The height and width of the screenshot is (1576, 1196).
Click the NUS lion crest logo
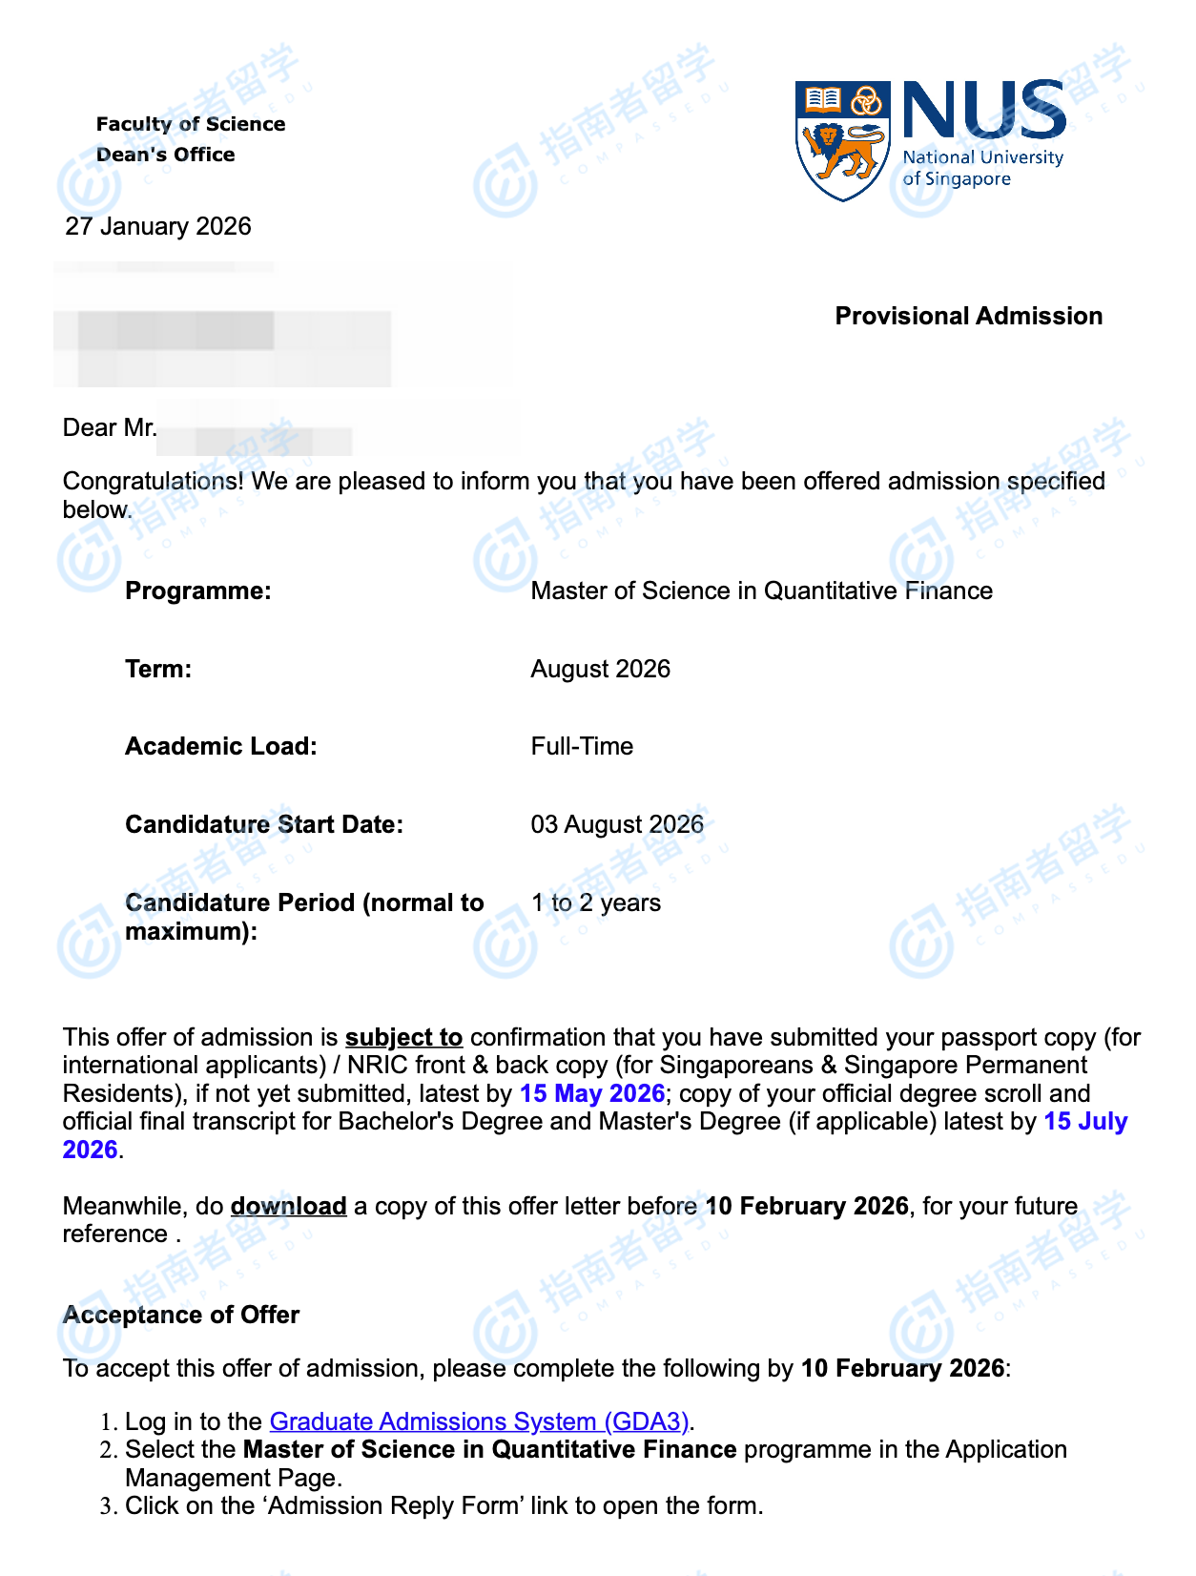pos(842,140)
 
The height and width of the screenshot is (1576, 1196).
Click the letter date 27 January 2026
pos(158,227)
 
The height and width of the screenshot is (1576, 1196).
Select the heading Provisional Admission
pos(968,317)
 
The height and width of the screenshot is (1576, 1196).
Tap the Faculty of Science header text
pos(191,124)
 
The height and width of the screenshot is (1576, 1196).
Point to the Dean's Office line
pos(166,155)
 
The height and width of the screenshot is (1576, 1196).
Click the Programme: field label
pos(198,591)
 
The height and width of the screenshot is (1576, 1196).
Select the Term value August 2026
pos(600,670)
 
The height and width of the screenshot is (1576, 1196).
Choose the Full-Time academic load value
pos(582,747)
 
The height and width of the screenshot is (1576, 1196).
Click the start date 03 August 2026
pos(617,825)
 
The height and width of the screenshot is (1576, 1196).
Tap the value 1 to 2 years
pos(595,903)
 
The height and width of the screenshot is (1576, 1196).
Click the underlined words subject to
pos(403,1038)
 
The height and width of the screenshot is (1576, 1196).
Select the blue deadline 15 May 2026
pos(591,1094)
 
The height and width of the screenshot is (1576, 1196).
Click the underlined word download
pos(288,1207)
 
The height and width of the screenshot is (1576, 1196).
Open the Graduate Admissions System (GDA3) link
pos(479,1422)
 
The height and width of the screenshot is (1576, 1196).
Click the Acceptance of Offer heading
pos(181,1316)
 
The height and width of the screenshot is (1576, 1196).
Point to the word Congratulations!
pos(153,482)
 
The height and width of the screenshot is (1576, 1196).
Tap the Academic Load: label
pos(221,747)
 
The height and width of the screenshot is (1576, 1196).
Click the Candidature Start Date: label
pos(264,825)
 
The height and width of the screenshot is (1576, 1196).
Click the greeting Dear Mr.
pos(110,428)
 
